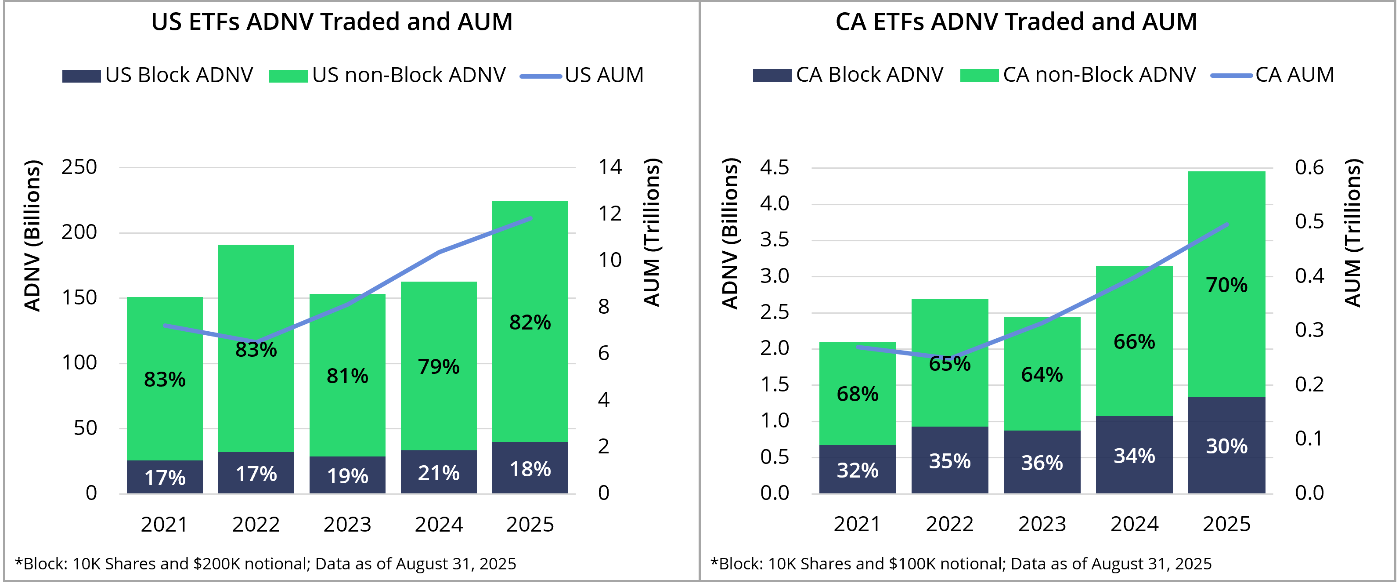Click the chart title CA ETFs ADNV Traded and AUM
(1016, 22)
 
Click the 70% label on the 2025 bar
(1226, 285)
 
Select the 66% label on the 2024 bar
(1134, 342)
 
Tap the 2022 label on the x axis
(949, 524)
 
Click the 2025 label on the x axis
(1226, 524)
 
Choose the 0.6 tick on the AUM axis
(1309, 167)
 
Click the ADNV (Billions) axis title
(730, 234)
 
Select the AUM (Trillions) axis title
(1353, 234)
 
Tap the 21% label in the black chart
(438, 473)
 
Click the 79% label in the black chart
(438, 367)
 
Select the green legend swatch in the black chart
(288, 76)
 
